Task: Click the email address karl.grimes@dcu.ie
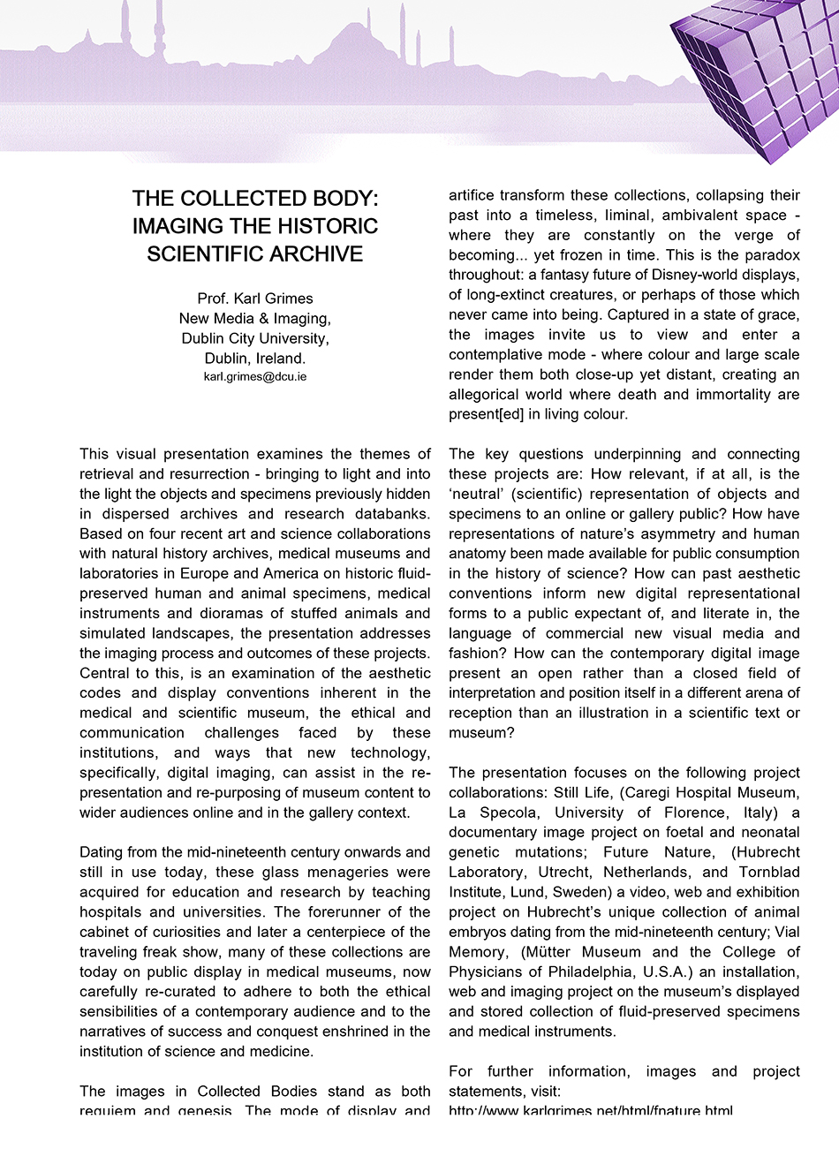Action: (255, 377)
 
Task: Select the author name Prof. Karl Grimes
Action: (255, 299)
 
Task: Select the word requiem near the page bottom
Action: (105, 1110)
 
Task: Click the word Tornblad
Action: (767, 873)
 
